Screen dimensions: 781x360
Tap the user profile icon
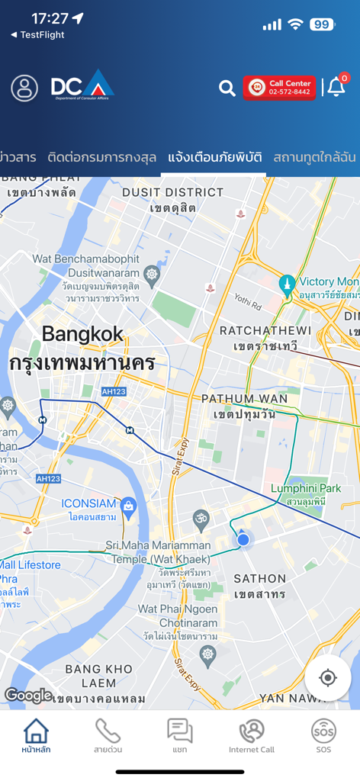click(x=24, y=88)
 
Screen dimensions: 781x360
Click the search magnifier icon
click(x=227, y=88)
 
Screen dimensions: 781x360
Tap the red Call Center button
click(x=279, y=88)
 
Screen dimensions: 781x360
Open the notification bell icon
click(x=336, y=87)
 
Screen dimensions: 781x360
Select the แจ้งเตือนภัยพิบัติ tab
click(x=215, y=158)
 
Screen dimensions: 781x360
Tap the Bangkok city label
click(x=82, y=334)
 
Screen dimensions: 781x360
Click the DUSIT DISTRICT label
click(x=172, y=192)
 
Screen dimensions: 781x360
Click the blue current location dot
click(x=243, y=540)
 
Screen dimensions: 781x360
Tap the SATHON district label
click(x=259, y=579)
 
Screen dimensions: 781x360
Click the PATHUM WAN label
click(x=244, y=399)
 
